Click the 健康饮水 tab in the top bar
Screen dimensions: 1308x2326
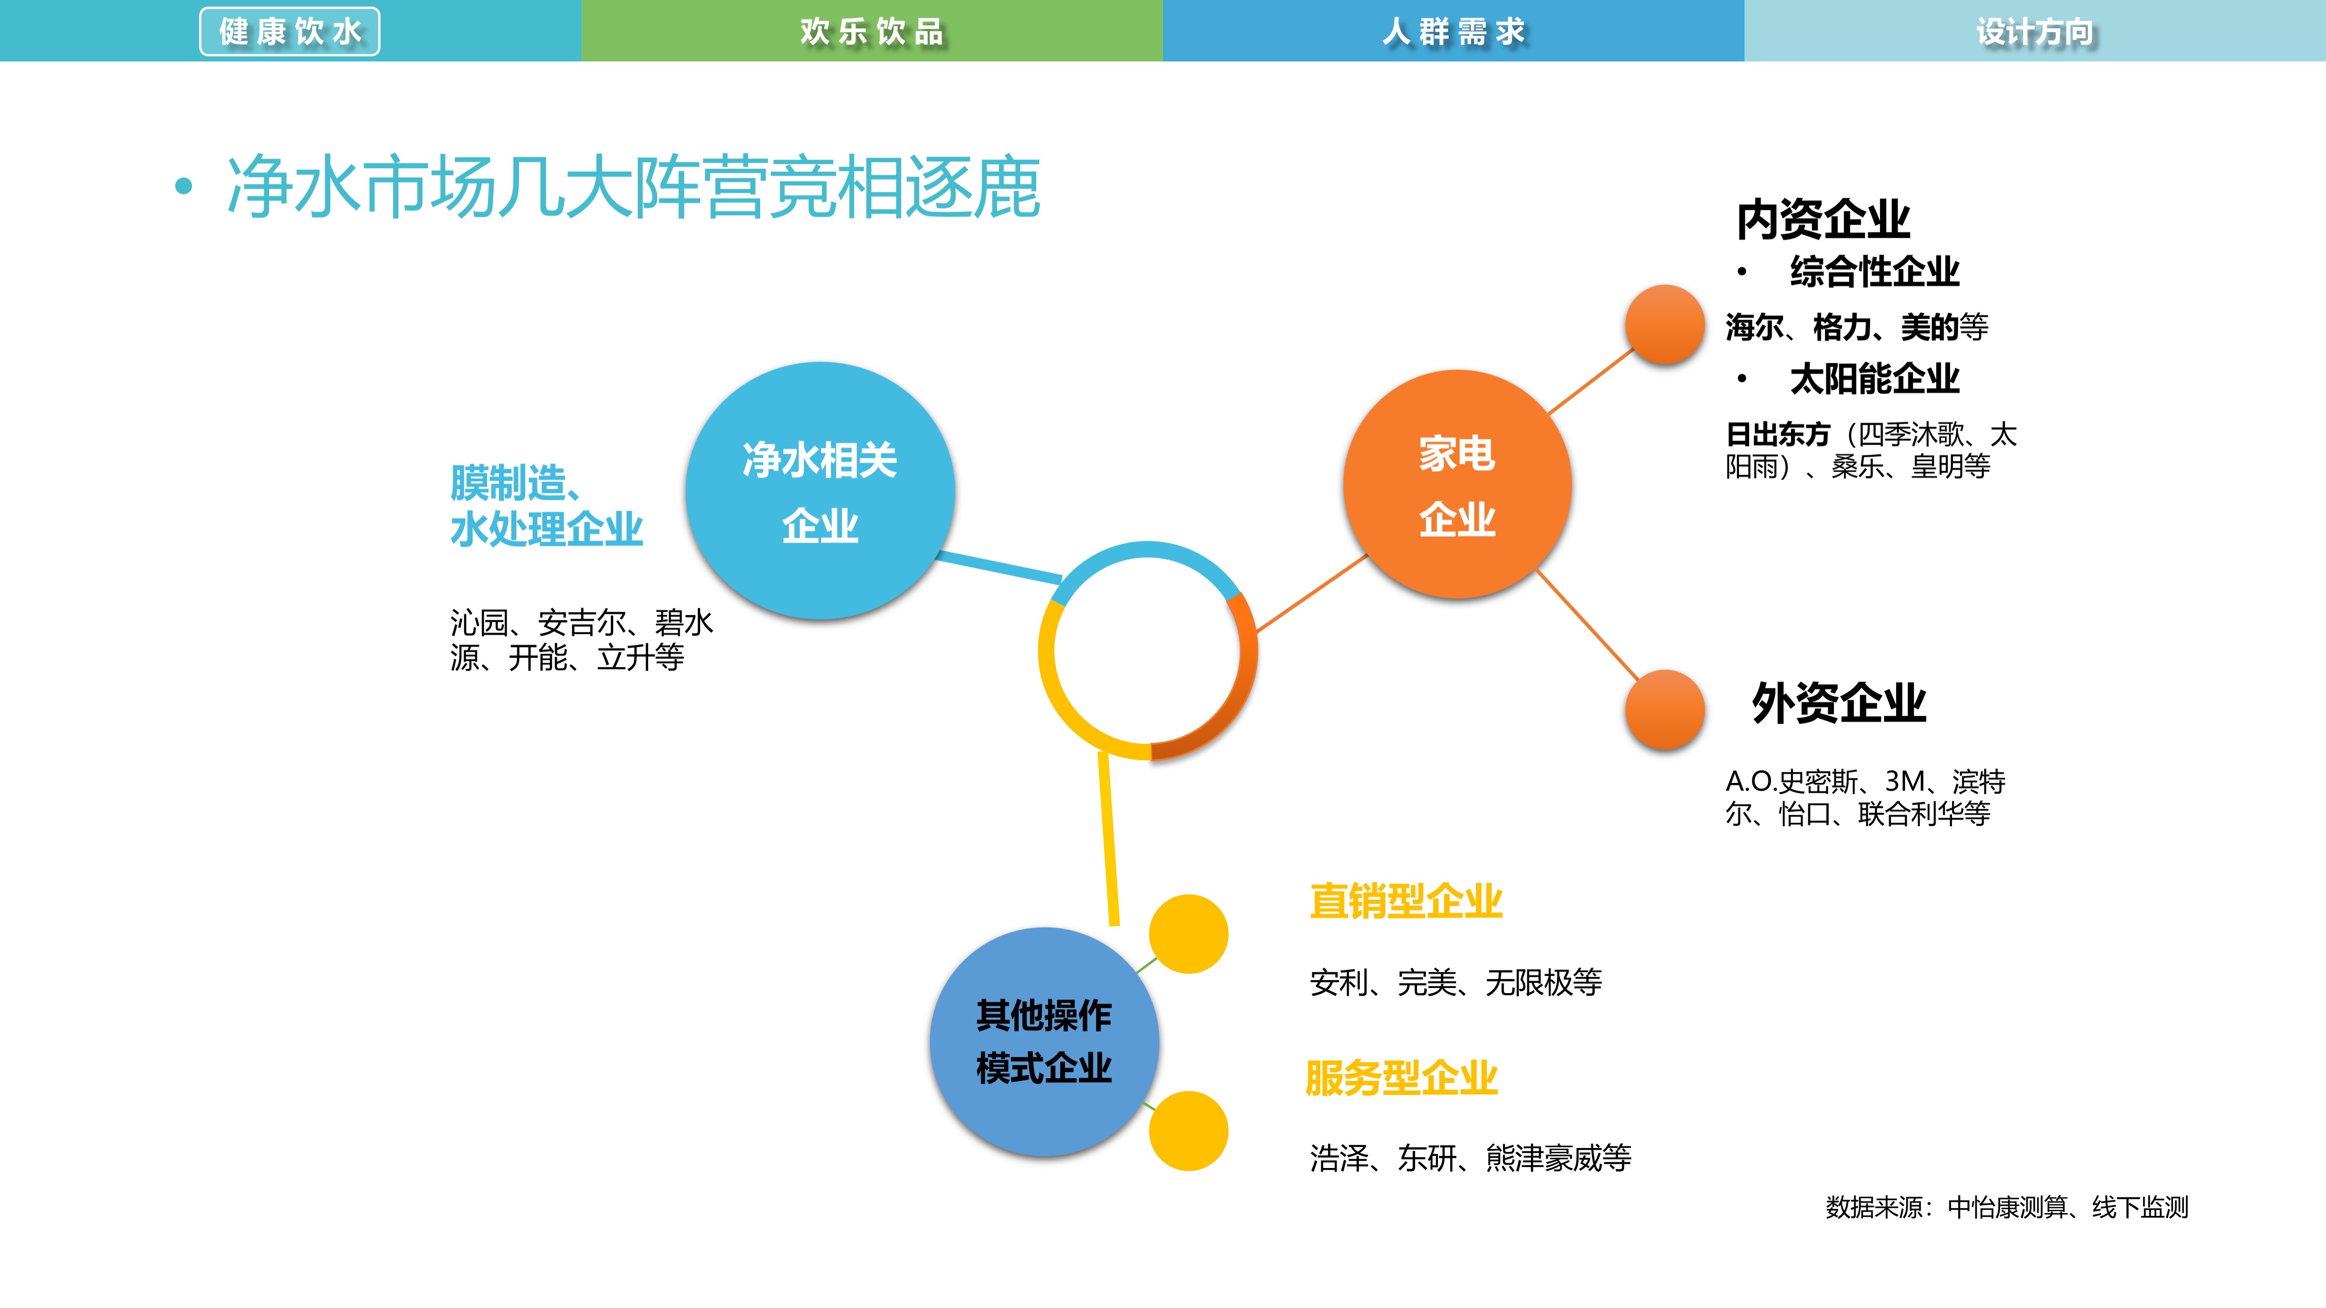click(290, 32)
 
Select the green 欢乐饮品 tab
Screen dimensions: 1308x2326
click(871, 32)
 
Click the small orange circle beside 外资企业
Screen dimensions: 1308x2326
click(1664, 709)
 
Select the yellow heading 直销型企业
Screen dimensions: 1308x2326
click(1406, 901)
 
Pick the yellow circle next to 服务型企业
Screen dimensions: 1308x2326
click(1188, 1131)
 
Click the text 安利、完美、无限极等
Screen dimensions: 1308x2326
click(1456, 982)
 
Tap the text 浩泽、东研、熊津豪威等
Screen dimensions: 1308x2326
click(1470, 1158)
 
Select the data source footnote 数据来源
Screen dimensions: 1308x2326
click(2006, 1207)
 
